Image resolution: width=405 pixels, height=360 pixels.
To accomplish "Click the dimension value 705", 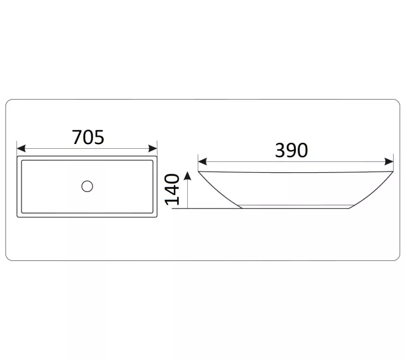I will click(88, 137).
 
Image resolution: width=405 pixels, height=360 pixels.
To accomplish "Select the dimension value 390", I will click(292, 150).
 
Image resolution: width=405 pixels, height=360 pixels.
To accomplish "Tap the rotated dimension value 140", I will click(173, 189).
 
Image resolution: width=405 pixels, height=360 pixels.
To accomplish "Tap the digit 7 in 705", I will click(77, 137).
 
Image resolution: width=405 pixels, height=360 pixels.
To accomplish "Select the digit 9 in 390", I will click(292, 150).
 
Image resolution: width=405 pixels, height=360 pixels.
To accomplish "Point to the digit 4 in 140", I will click(173, 190).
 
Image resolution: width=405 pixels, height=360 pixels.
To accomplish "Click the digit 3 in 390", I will click(281, 150).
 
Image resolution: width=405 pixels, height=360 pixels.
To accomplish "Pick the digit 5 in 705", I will click(99, 137).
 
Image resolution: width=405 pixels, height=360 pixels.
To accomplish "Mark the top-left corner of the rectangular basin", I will click(18, 158).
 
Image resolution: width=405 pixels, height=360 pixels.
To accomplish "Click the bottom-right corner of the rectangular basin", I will click(157, 217).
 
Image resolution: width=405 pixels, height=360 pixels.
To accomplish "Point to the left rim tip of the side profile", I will click(199, 171).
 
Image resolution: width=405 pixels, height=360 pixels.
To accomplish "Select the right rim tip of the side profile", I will click(393, 171).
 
